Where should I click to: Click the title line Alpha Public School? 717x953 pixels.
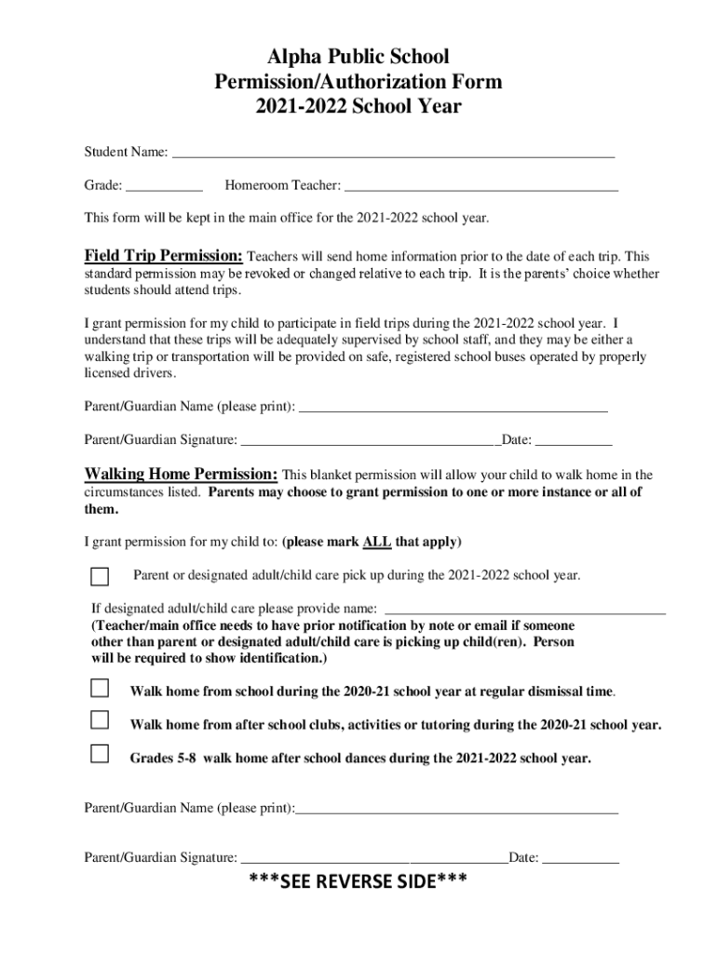click(358, 58)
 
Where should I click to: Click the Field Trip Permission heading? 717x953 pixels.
click(164, 256)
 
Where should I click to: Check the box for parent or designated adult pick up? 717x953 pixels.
click(100, 576)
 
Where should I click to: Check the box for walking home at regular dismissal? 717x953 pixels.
click(100, 689)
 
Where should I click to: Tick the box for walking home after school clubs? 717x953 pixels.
click(100, 721)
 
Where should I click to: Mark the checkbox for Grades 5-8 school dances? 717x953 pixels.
click(100, 754)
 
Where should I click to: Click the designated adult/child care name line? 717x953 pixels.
click(525, 609)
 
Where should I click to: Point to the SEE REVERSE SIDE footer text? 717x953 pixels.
click(358, 881)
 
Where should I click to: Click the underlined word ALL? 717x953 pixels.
click(376, 542)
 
